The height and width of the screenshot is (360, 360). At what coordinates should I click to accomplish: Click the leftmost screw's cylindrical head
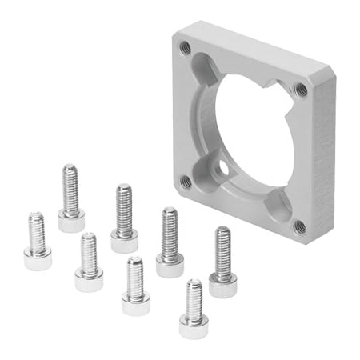point(37,258)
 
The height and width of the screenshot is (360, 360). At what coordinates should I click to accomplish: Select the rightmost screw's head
point(223,284)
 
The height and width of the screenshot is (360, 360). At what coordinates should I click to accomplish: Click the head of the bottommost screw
point(194,325)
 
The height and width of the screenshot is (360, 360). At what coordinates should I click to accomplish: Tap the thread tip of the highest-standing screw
point(70,169)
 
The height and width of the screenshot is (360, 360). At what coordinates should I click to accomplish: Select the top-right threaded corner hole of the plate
point(300,90)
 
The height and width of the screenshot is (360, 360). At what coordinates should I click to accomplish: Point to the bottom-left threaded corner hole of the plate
point(186,182)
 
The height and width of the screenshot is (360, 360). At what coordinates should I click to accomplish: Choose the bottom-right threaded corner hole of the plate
point(298,226)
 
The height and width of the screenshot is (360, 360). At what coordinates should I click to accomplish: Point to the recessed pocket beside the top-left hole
point(202,68)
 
